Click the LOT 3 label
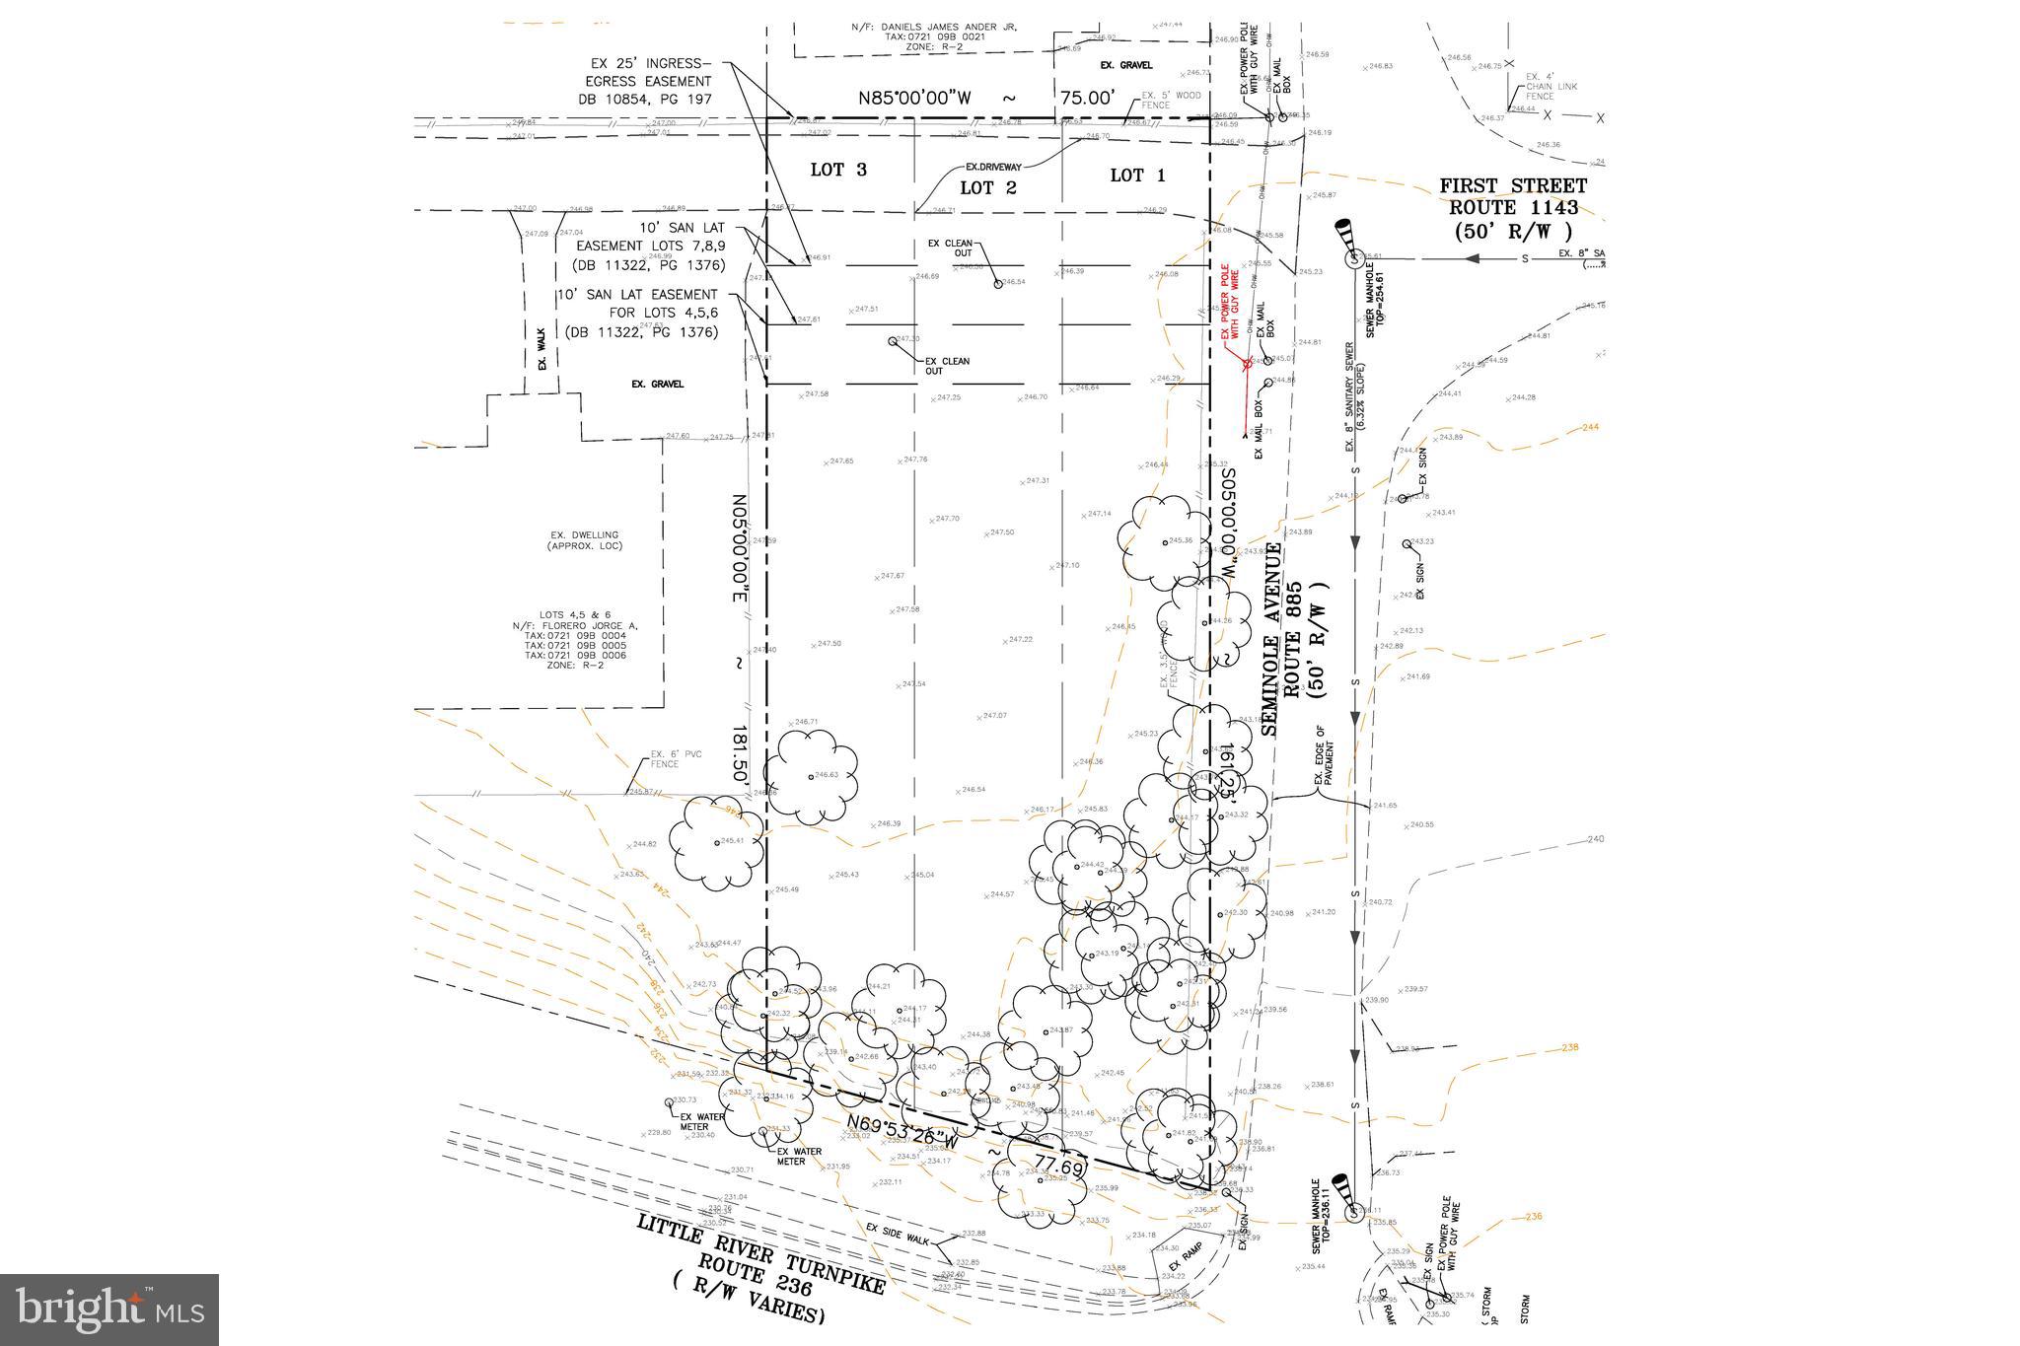(x=838, y=170)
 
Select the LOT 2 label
(x=987, y=187)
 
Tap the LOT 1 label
(x=1137, y=176)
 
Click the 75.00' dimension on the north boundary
(x=1088, y=98)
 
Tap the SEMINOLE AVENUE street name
(x=1274, y=639)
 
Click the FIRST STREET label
(x=1513, y=185)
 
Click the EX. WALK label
(x=541, y=356)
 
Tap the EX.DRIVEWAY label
(x=993, y=168)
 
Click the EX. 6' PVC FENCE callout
(x=665, y=759)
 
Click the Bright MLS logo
(x=109, y=1309)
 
